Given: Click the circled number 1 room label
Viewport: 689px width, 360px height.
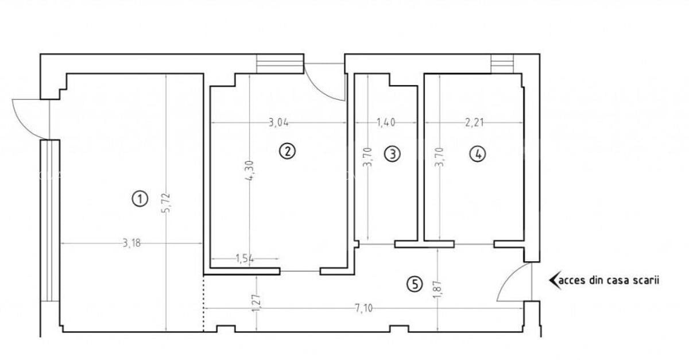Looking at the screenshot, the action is (x=140, y=199).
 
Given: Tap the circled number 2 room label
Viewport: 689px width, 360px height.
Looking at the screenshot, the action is (x=287, y=151).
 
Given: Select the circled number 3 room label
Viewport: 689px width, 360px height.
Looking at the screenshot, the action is (x=393, y=154).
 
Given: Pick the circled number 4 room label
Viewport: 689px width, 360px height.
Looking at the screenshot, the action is (x=478, y=154).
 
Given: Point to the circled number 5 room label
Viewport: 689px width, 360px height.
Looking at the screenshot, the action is (x=415, y=284).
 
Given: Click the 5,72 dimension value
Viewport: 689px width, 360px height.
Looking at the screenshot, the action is (x=166, y=203).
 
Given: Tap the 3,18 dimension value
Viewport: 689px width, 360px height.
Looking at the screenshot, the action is (x=131, y=243).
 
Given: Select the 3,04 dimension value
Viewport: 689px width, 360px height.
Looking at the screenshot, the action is (x=278, y=123).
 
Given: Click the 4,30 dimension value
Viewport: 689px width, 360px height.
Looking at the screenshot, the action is (x=249, y=171).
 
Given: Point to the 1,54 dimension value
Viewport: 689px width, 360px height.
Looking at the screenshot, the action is (x=245, y=259).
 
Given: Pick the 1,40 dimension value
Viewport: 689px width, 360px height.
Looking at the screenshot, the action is (x=386, y=123).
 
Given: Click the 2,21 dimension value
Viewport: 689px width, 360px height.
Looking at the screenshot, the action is (x=474, y=123).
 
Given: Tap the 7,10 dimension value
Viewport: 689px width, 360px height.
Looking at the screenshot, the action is (x=363, y=308).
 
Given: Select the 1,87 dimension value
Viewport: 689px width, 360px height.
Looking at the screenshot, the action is (x=438, y=289).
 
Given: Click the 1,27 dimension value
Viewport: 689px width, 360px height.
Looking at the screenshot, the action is (x=256, y=303).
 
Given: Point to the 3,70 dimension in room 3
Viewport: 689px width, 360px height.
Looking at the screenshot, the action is (x=368, y=157).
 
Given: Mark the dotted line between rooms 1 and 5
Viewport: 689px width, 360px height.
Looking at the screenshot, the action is (x=203, y=303).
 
